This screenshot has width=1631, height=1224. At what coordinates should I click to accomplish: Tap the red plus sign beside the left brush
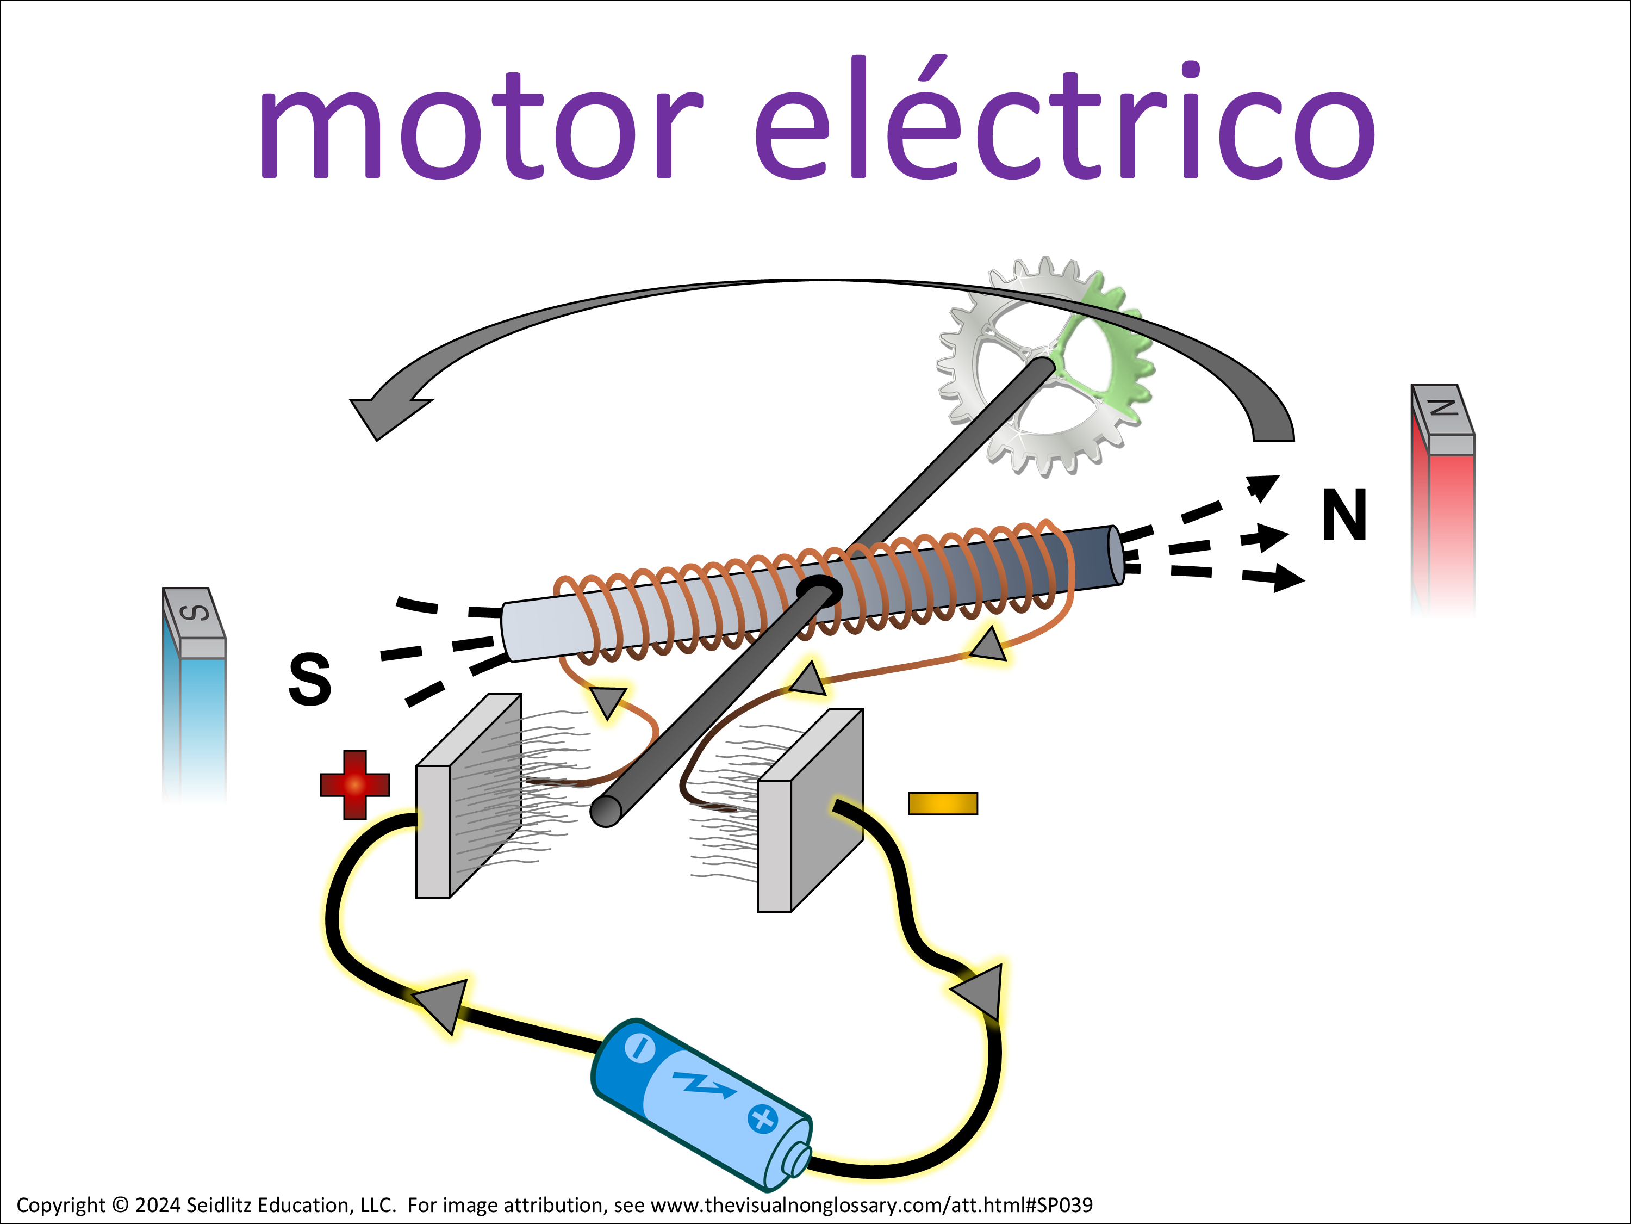tap(354, 784)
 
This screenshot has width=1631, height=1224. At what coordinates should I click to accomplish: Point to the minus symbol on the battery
tap(639, 1048)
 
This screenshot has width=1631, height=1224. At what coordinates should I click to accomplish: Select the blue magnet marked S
tap(195, 701)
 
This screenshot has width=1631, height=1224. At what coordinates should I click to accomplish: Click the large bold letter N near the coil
tap(1344, 515)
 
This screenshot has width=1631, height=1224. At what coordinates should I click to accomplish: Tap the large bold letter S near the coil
tap(310, 679)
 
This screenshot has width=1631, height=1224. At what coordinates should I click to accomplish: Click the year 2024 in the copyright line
tap(157, 1205)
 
